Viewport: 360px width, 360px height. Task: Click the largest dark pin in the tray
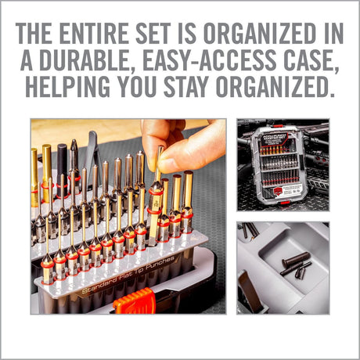pos(295,259)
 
